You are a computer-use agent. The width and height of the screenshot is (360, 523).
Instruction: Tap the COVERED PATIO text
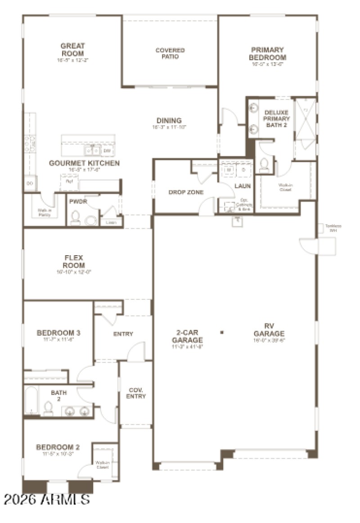point(170,53)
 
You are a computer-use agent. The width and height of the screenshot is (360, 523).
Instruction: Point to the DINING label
point(169,121)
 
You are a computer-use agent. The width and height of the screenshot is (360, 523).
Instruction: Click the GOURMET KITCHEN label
point(84,163)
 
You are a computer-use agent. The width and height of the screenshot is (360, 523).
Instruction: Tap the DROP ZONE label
point(186,192)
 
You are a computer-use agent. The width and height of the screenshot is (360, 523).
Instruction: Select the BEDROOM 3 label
point(58,333)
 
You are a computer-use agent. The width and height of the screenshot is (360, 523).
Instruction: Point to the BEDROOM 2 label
point(58,447)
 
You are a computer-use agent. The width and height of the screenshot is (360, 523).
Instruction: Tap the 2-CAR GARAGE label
point(187,336)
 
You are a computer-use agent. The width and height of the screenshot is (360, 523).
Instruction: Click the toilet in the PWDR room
point(76,218)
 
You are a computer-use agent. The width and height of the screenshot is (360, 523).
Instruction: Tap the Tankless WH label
point(333,228)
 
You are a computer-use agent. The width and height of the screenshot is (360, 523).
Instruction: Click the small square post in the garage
point(222,333)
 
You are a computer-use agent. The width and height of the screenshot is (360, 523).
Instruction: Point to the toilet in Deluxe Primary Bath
point(264,166)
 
